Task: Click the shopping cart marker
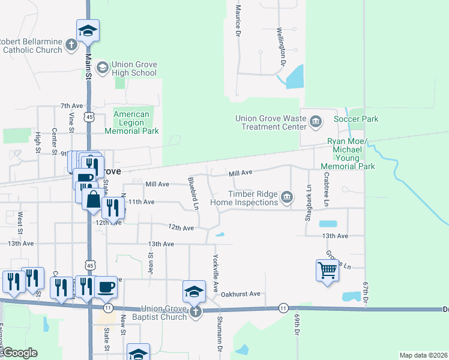pyautogui.click(x=327, y=270)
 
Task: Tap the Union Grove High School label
pyautogui.click(x=134, y=69)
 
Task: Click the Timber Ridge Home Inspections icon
pyautogui.click(x=287, y=197)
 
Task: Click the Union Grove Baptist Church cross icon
pyautogui.click(x=195, y=312)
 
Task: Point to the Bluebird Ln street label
pyautogui.click(x=193, y=193)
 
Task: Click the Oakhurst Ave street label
pyautogui.click(x=240, y=294)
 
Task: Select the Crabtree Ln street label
pyautogui.click(x=326, y=190)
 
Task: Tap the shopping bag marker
pyautogui.click(x=94, y=199)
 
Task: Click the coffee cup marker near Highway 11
pyautogui.click(x=106, y=287)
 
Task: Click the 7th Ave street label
pyautogui.click(x=71, y=106)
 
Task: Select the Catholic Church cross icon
pyautogui.click(x=71, y=44)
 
